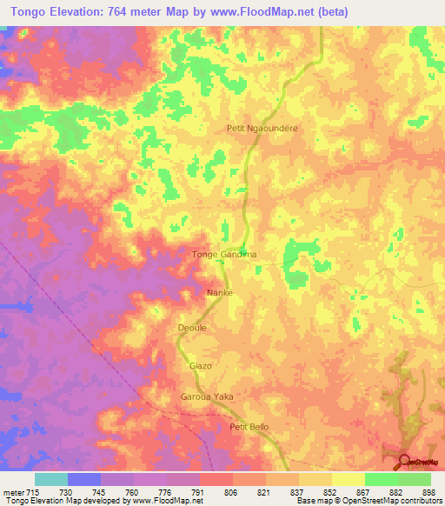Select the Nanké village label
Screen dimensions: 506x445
[218, 293]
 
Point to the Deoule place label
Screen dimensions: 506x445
[191, 329]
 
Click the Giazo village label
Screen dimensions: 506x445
[201, 366]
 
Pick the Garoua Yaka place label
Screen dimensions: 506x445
[208, 396]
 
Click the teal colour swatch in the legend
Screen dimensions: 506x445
[51, 479]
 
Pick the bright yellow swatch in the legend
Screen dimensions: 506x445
[349, 479]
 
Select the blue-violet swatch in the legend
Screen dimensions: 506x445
[84, 479]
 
